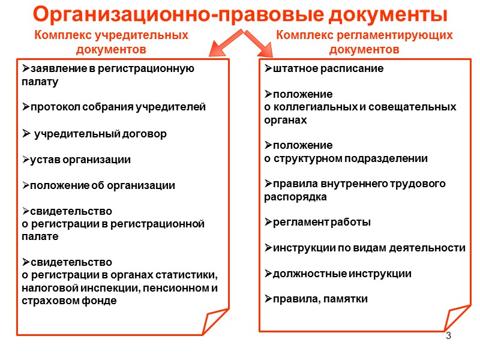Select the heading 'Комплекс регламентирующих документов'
364,42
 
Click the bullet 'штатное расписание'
324,68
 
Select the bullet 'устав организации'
76,160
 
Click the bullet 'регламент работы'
317,222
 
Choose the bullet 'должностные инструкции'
338,274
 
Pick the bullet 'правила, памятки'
316,299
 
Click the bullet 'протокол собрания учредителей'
113,107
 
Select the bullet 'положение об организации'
98,185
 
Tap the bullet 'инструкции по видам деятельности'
365,248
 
